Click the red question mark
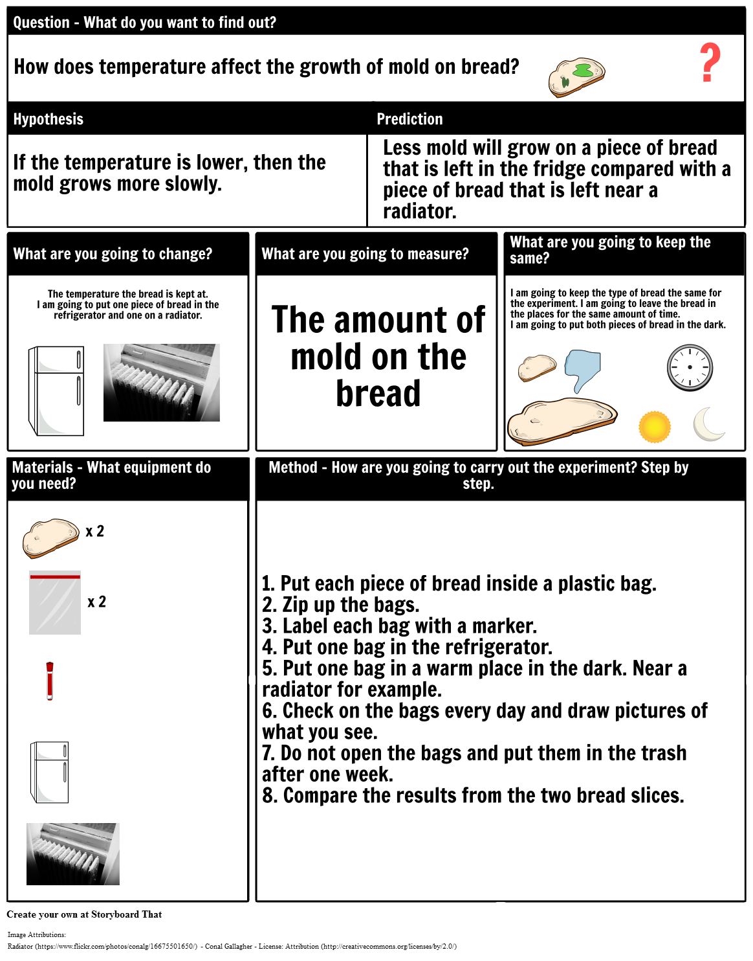[710, 63]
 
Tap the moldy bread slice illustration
[576, 76]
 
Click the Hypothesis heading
[49, 119]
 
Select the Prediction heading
[409, 119]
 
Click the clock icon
[690, 368]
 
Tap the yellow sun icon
[655, 427]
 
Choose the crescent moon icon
[708, 425]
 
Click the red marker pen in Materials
[50, 681]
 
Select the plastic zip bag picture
[55, 603]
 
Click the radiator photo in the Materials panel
[73, 854]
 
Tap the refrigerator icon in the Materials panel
[50, 772]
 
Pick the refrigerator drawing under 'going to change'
[56, 390]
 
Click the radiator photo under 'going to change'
[162, 383]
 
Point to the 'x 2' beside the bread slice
[95, 532]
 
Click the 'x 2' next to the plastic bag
[97, 602]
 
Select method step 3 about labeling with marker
[399, 626]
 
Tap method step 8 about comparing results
[473, 796]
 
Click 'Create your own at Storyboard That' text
[84, 914]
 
